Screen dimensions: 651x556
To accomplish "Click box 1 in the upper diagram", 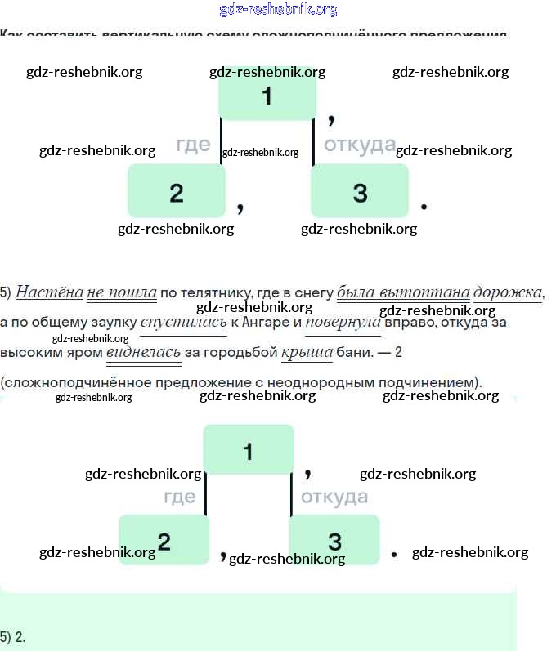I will point(267,96).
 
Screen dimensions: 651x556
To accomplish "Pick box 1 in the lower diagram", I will point(249,450).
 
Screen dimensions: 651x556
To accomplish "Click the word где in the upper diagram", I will point(193,145).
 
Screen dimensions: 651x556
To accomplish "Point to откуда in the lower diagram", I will point(334,497).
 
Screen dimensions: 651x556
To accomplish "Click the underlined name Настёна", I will point(49,292).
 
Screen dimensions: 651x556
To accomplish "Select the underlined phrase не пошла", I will point(121,292).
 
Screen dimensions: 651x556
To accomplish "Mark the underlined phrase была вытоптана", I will point(403,292).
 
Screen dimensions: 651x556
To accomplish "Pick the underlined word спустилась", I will point(183,323).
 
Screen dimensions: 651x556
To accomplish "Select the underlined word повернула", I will point(343,323).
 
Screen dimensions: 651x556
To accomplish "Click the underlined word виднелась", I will point(143,353).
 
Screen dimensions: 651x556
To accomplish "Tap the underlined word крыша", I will point(307,353).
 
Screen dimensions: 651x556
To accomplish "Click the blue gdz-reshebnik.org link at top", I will point(278,10).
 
